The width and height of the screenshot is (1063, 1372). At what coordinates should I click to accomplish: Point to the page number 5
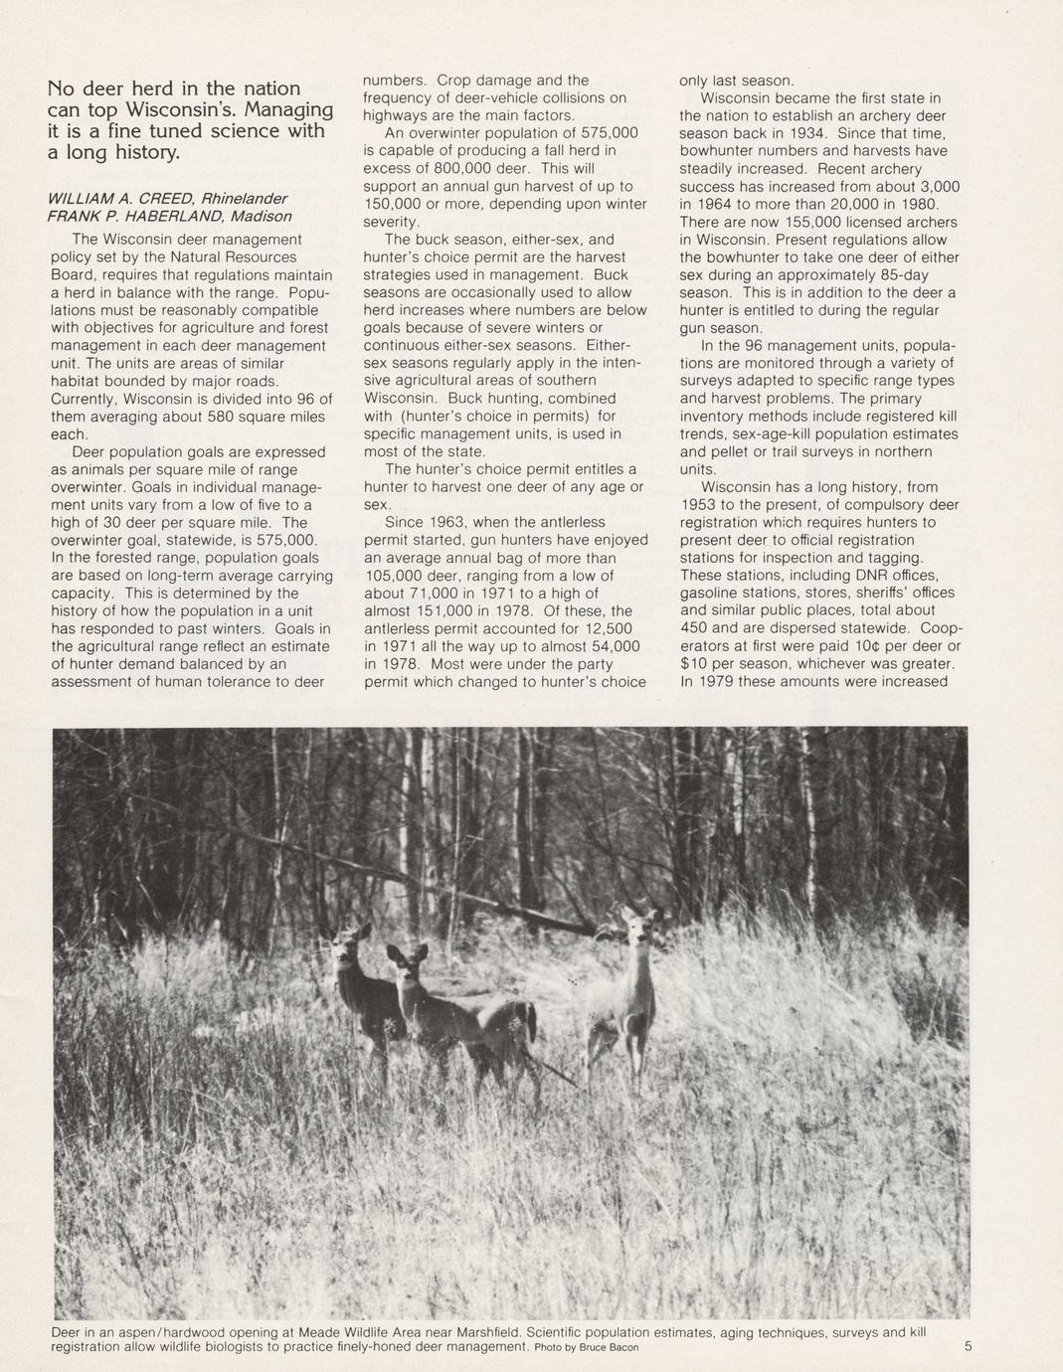click(x=969, y=1346)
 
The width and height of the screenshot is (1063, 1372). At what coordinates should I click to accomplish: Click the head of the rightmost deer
click(x=634, y=926)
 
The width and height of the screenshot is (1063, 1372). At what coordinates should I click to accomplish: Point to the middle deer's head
click(x=406, y=963)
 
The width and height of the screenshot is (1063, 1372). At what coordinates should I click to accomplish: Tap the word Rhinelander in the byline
click(x=244, y=198)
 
